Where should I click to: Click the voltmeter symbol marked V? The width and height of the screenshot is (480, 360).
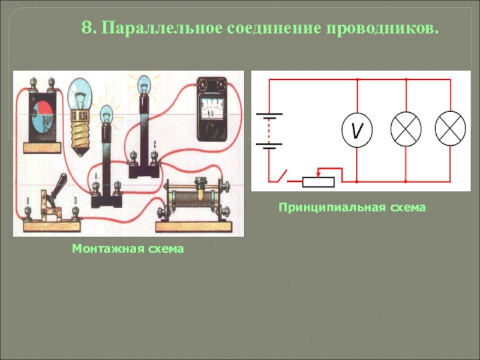(x=356, y=129)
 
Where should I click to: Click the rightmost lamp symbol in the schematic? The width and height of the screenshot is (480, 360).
(x=450, y=128)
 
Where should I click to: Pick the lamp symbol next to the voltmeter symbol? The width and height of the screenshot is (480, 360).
(x=406, y=128)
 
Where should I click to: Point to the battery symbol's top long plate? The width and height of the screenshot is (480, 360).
(x=269, y=113)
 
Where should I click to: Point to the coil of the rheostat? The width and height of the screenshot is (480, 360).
(x=194, y=199)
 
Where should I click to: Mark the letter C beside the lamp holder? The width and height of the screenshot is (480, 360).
(x=155, y=145)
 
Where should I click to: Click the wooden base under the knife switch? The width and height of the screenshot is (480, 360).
(x=52, y=226)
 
